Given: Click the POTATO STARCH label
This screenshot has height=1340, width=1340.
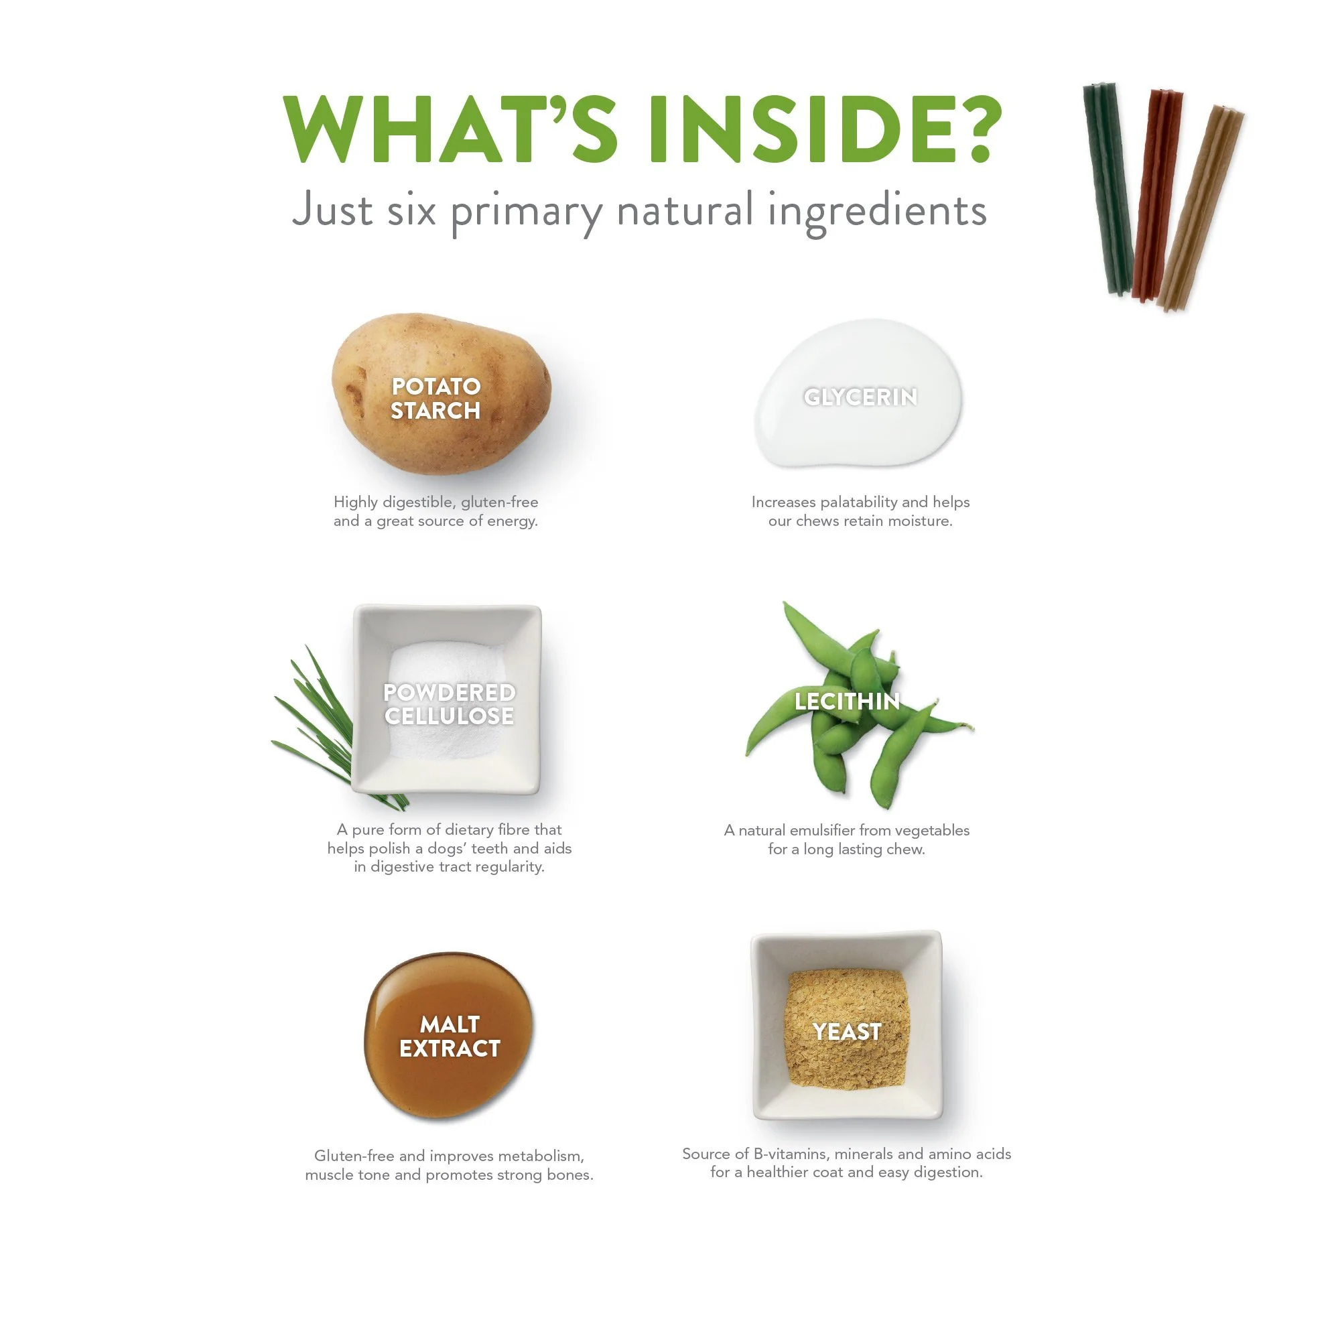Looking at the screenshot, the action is pyautogui.click(x=435, y=399).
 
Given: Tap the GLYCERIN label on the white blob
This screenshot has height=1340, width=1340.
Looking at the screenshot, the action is pyautogui.click(x=860, y=397).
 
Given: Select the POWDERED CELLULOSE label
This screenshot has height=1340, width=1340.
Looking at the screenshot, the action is pyautogui.click(x=450, y=704).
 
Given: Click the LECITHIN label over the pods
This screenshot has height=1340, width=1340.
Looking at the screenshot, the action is pyautogui.click(x=847, y=701).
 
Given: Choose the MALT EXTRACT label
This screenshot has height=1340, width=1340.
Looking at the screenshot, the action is pyautogui.click(x=450, y=1037).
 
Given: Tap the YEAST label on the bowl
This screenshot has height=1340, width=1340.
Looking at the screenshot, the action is pyautogui.click(x=847, y=1032).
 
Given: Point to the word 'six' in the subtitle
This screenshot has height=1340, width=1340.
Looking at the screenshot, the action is pyautogui.click(x=411, y=210).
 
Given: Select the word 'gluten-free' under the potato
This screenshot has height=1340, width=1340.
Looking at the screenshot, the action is pyautogui.click(x=499, y=502).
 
